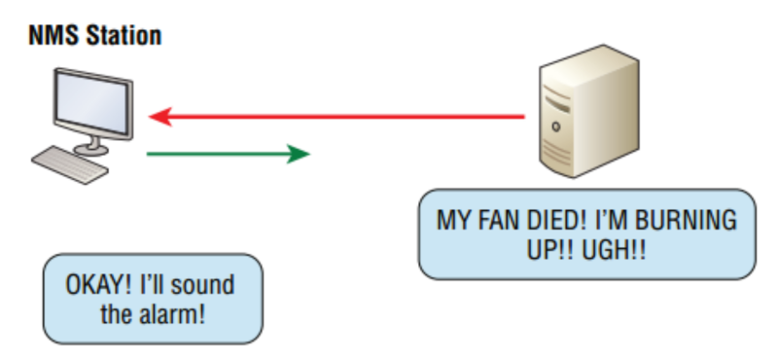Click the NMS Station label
point(94,37)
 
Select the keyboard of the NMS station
point(73,163)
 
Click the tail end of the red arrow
point(522,118)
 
